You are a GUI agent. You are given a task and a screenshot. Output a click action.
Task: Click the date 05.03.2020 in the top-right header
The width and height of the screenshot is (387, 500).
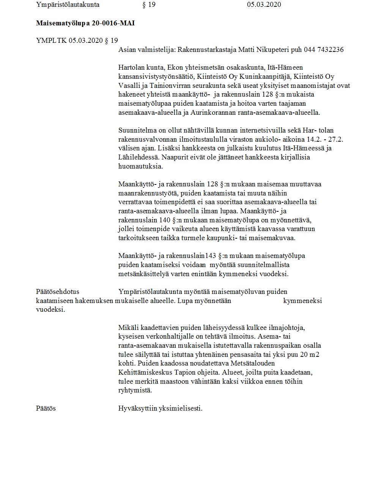pyautogui.click(x=264, y=5)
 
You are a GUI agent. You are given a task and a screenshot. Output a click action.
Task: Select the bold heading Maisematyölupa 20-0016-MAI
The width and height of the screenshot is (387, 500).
pyautogui.click(x=85, y=23)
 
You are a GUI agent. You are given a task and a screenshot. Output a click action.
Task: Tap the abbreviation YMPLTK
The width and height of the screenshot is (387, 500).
pyautogui.click(x=51, y=40)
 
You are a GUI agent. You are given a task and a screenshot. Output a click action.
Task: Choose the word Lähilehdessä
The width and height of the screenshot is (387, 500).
pyautogui.click(x=137, y=157)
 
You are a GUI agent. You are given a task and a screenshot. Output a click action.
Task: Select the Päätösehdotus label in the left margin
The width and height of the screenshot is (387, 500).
pyautogui.click(x=58, y=292)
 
